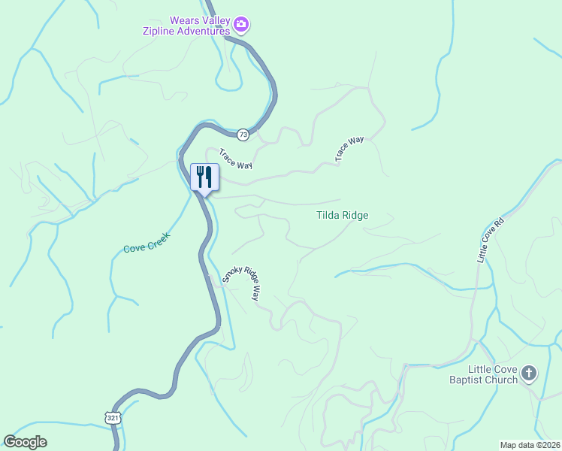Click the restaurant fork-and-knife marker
pyautogui.click(x=204, y=178)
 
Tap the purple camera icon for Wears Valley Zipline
pyautogui.click(x=241, y=26)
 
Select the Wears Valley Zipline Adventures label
pyautogui.click(x=187, y=26)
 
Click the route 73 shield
pyautogui.click(x=243, y=135)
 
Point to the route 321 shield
pyautogui.click(x=113, y=417)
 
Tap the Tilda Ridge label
pyautogui.click(x=342, y=215)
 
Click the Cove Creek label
pyautogui.click(x=147, y=242)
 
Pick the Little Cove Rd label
pyautogui.click(x=490, y=241)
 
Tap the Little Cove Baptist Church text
pyautogui.click(x=494, y=374)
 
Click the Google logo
pyautogui.click(x=25, y=442)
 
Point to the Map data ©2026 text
pyautogui.click(x=530, y=445)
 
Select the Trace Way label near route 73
pyautogui.click(x=235, y=159)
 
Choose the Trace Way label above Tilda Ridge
pyautogui.click(x=349, y=149)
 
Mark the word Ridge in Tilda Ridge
pyautogui.click(x=355, y=215)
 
